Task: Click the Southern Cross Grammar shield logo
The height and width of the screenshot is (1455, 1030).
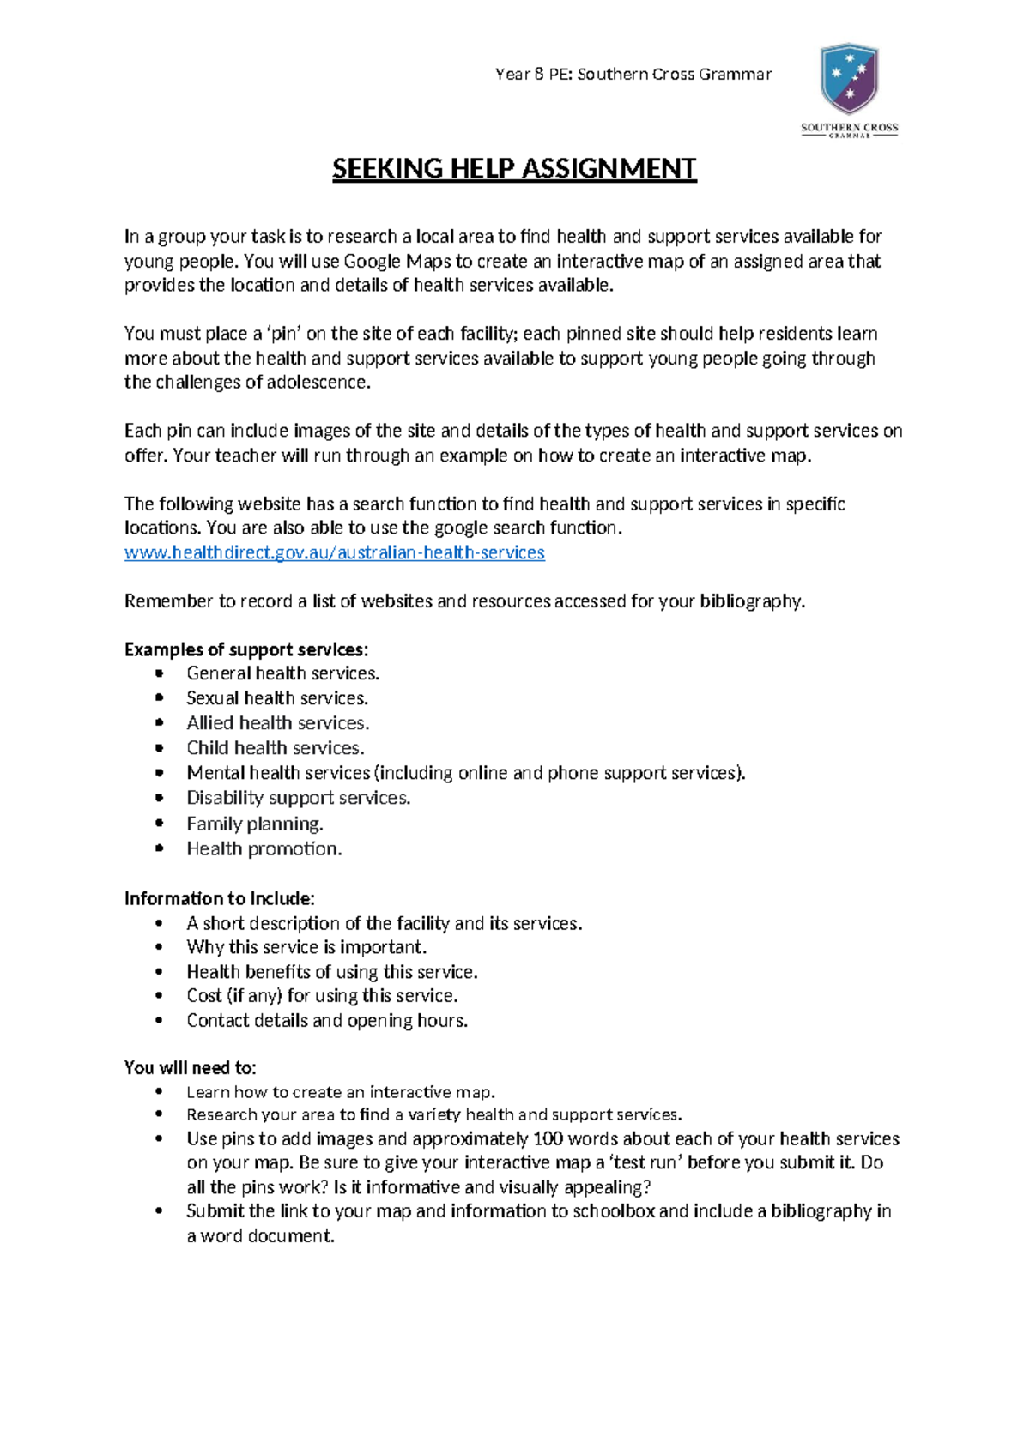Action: (x=849, y=79)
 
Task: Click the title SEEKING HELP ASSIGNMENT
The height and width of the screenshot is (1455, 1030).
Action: (x=514, y=168)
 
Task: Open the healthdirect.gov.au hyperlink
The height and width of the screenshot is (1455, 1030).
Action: (x=334, y=552)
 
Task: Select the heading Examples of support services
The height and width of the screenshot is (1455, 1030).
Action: (x=246, y=649)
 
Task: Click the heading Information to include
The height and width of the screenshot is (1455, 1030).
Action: (x=219, y=898)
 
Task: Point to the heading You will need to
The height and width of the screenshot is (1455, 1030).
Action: (x=190, y=1068)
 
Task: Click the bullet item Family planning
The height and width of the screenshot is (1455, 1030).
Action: (x=255, y=824)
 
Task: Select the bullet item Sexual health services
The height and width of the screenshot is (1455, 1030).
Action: (x=277, y=698)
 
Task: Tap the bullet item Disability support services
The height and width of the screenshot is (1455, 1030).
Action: (x=299, y=798)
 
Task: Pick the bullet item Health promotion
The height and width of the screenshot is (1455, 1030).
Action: (x=264, y=848)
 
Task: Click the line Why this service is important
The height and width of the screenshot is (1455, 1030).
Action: (x=306, y=947)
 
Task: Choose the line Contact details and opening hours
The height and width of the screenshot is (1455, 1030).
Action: (x=327, y=1021)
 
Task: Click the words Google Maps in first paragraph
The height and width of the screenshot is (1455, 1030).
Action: (x=397, y=261)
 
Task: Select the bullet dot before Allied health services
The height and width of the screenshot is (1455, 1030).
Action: (x=159, y=723)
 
